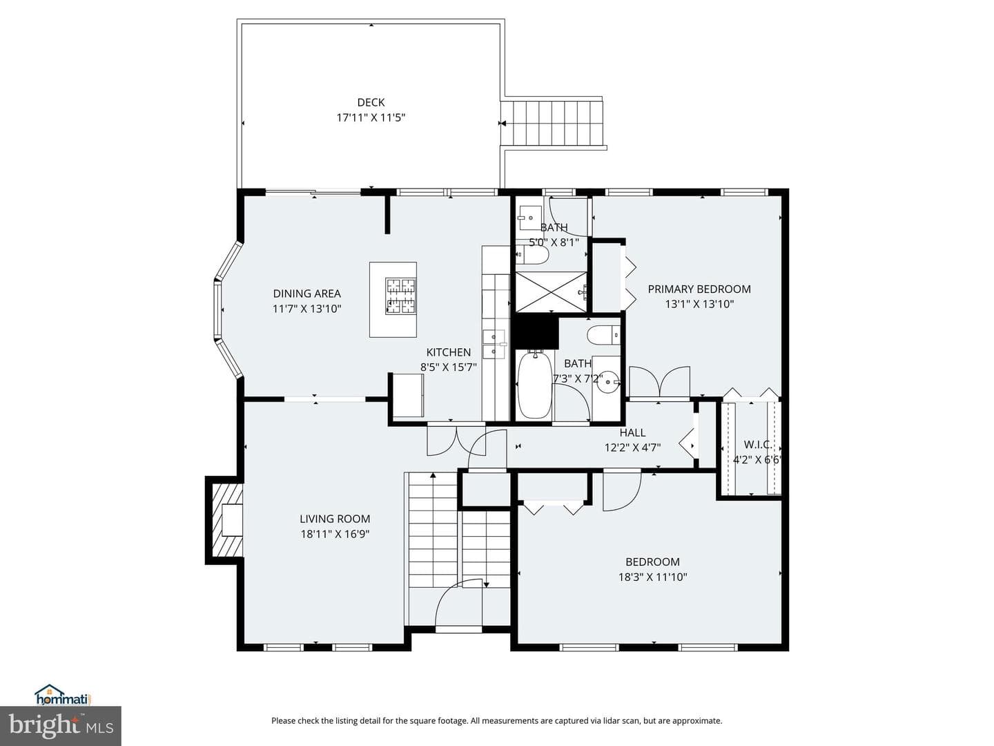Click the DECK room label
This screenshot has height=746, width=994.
[371, 102]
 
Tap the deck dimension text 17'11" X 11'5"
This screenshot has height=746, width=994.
[371, 117]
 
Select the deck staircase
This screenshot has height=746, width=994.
[554, 123]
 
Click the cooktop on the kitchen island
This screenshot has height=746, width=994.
[401, 296]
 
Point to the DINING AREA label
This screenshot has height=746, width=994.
[306, 294]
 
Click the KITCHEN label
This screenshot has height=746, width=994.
[448, 352]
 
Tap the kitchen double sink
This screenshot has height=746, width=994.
[494, 344]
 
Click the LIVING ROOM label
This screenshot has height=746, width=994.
[335, 519]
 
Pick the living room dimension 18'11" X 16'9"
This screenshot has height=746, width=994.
[335, 534]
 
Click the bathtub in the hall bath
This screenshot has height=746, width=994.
[534, 385]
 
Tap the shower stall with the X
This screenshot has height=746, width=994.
[551, 291]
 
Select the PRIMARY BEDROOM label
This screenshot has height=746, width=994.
[699, 289]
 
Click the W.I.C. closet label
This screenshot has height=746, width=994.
[758, 445]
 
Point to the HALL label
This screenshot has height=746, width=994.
[632, 432]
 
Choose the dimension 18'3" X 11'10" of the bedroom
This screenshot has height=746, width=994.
[652, 577]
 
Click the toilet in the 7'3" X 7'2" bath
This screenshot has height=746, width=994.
[603, 336]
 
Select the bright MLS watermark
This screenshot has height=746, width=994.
[61, 725]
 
